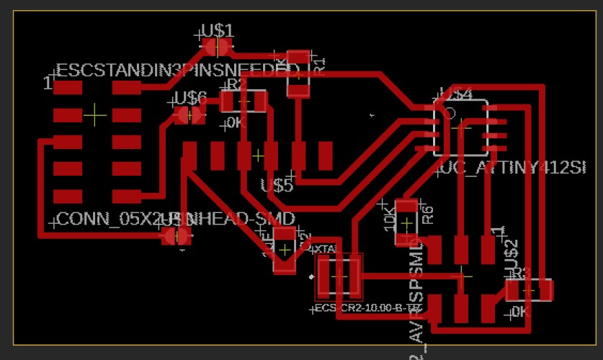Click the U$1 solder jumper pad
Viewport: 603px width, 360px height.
(216, 47)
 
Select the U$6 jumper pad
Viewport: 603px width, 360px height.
(189, 114)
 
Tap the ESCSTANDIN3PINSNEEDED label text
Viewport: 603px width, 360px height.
(177, 71)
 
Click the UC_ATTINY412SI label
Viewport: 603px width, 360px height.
(513, 169)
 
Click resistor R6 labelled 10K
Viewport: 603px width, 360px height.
(407, 222)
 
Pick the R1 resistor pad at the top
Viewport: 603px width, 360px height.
(298, 57)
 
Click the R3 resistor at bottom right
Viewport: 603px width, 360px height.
(529, 290)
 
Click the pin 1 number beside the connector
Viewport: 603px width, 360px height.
(48, 84)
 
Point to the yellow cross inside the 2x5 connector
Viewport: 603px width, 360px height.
(96, 114)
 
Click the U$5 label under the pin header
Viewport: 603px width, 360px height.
(277, 186)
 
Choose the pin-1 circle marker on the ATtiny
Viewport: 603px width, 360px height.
(449, 113)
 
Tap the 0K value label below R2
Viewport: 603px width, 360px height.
(236, 123)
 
